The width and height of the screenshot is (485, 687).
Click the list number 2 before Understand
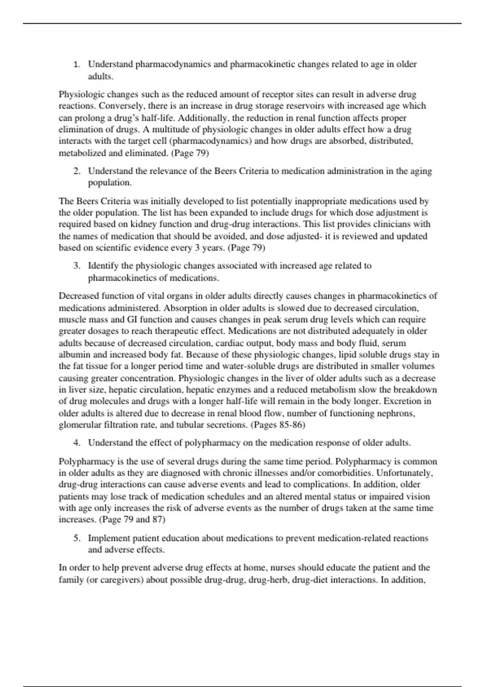tap(76, 171)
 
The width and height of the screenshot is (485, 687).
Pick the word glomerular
tap(78, 425)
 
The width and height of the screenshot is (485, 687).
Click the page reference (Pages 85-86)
tap(278, 425)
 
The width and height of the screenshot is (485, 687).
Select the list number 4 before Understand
tap(76, 443)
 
